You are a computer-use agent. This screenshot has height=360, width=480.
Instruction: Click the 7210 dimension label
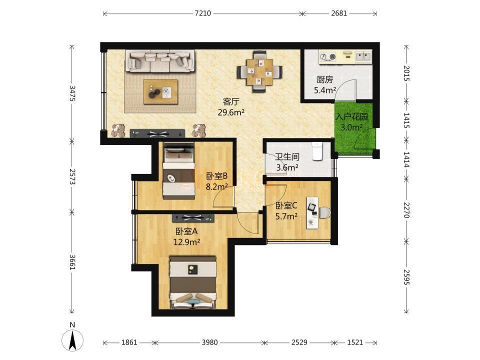point(202,13)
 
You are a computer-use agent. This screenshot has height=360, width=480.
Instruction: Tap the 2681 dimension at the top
point(339,13)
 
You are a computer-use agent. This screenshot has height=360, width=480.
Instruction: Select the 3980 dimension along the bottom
point(209,342)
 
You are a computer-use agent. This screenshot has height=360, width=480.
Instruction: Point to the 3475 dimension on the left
point(72,93)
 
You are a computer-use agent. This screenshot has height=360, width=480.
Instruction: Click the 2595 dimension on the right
point(406,276)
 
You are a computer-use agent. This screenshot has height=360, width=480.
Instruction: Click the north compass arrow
point(72,340)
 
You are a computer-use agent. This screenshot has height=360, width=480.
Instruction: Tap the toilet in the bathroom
point(317,151)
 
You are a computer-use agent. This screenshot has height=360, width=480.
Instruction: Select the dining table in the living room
point(260,72)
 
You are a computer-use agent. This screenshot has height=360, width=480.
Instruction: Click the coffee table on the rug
point(160,92)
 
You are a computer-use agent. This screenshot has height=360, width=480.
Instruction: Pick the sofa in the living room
point(160,61)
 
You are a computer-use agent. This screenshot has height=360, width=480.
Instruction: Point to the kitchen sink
point(363,56)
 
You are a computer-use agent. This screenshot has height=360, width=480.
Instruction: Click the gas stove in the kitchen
point(327,57)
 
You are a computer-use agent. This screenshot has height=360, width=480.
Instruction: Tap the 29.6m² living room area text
point(231,112)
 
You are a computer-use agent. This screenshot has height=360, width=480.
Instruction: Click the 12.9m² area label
point(186,242)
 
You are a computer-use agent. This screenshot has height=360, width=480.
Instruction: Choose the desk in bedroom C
point(312,212)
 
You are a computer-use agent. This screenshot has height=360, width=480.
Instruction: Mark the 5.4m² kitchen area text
point(325,90)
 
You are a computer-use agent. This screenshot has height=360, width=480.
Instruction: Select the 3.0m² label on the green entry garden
point(351,127)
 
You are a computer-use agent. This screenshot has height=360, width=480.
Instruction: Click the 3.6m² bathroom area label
point(287,167)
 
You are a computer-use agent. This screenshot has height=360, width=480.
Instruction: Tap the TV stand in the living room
point(157,133)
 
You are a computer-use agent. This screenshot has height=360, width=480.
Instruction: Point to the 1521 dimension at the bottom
point(355,342)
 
